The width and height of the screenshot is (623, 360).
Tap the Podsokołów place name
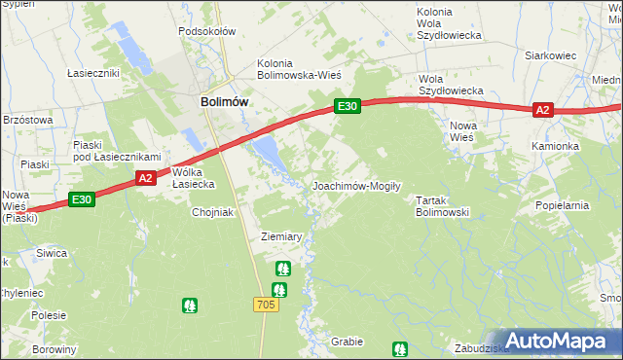click(207, 31)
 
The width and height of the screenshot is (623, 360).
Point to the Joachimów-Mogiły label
click(356, 185)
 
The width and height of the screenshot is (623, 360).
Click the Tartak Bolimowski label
click(443, 205)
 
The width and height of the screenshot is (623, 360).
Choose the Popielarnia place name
click(563, 206)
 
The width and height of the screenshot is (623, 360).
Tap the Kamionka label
click(555, 146)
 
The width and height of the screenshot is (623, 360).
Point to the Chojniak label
click(214, 212)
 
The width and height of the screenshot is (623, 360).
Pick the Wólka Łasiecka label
click(192, 178)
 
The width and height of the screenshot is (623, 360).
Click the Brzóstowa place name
click(26, 119)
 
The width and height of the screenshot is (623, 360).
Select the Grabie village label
click(347, 342)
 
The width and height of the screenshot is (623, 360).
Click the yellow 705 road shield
click(267, 305)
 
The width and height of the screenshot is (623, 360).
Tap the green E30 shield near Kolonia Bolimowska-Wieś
click(348, 106)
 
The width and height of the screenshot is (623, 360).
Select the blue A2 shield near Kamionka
click(543, 111)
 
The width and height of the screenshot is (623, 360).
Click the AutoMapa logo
click(559, 340)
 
